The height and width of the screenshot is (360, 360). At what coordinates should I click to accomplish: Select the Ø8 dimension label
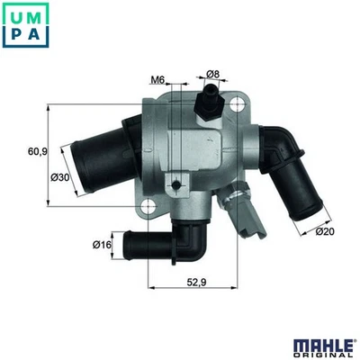tap(213, 73)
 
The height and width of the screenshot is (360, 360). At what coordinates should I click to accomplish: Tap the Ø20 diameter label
tap(325, 231)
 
